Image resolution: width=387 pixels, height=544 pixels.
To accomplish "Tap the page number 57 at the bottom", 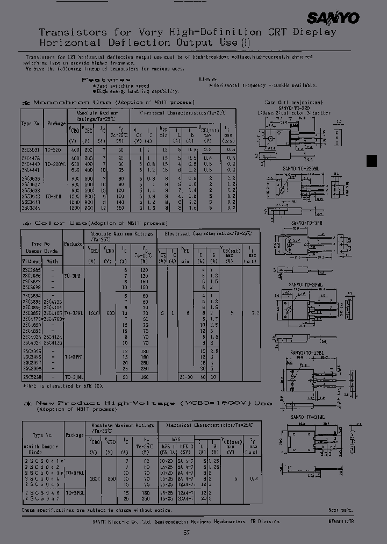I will pos(187,533).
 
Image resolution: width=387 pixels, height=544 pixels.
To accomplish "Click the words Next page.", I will pos(341,510).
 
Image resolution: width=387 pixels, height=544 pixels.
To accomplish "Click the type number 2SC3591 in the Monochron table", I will pos(31,149).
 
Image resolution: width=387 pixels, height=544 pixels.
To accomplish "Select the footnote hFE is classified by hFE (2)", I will pos(63,385).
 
